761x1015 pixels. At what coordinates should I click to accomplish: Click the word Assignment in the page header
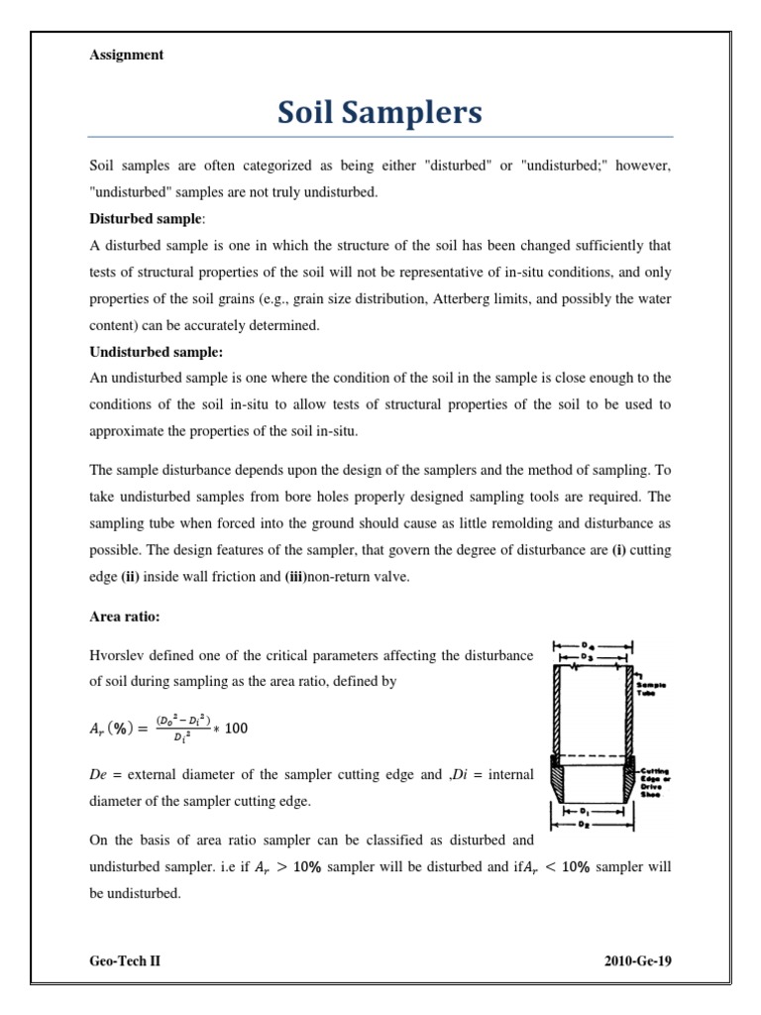[126, 56]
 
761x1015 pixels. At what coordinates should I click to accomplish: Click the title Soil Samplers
[380, 113]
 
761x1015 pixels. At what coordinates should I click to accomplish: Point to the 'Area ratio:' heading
[125, 617]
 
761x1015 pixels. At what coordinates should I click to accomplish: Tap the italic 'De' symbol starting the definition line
[98, 774]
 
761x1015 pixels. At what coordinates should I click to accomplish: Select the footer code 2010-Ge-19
[638, 961]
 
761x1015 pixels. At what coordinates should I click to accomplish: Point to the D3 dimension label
[593, 656]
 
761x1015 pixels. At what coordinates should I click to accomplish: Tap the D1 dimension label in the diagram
[593, 810]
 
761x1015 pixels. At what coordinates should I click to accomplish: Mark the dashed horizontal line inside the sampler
[593, 756]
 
